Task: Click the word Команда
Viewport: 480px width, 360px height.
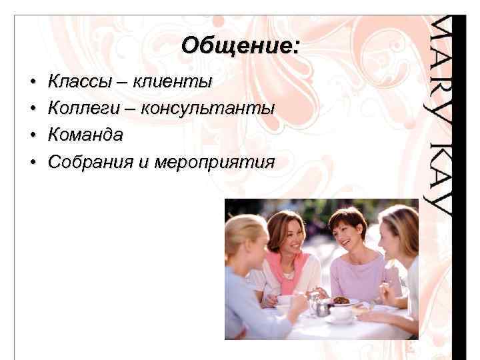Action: tap(86, 135)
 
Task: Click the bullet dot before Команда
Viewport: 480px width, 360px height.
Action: tap(33, 136)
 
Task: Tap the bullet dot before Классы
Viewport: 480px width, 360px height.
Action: tap(33, 83)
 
